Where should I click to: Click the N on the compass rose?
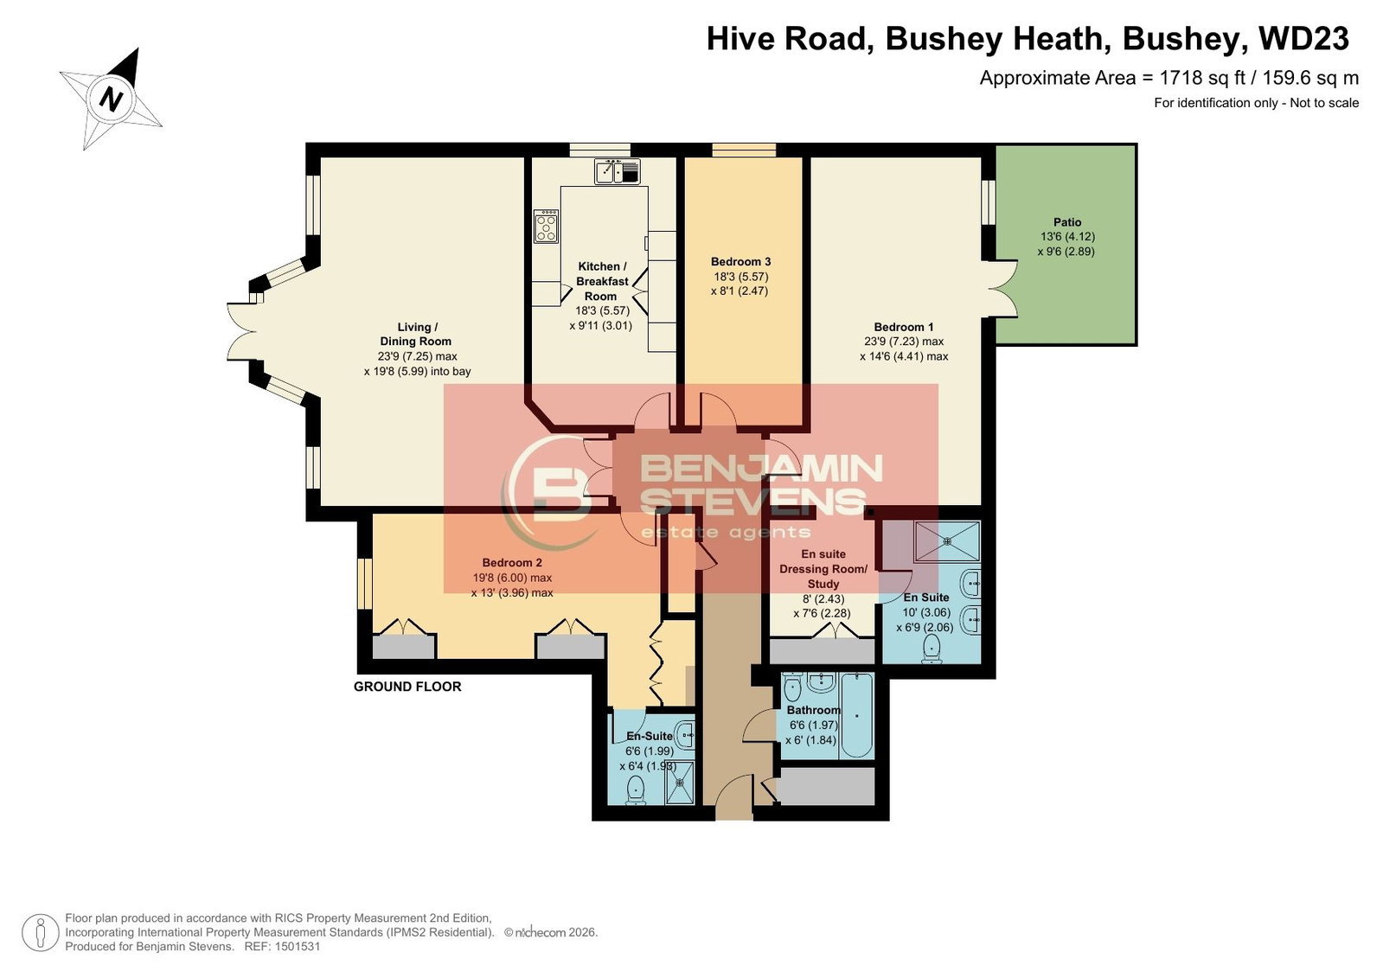pos(111,99)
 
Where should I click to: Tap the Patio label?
pos(1067,222)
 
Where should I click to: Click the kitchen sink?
pos(618,171)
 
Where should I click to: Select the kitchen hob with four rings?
pos(546,226)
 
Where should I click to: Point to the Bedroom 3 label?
pos(740,262)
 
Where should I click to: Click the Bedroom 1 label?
pos(903,327)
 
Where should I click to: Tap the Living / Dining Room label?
pos(415,334)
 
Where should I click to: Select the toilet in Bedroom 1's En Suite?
pos(931,649)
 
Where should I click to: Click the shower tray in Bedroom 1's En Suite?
pos(947,541)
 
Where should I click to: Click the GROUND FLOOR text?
pos(407,687)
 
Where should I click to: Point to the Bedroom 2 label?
pos(512,562)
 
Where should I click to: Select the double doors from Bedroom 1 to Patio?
pos(1002,289)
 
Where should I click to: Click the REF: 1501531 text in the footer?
pos(283,946)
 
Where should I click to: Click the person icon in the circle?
pos(41,932)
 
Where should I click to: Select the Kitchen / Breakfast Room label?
pos(602,282)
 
